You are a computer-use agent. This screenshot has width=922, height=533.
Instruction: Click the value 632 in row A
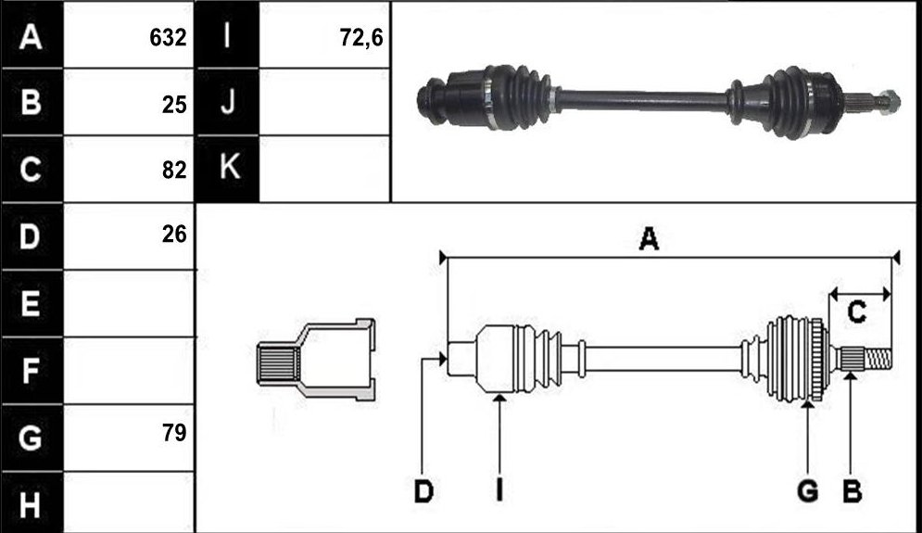pos(168,38)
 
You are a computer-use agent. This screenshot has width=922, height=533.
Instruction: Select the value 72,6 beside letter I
pos(361,38)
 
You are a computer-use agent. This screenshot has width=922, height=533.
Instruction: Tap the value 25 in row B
pos(174,105)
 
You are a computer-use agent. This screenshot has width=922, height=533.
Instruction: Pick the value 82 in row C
pos(174,170)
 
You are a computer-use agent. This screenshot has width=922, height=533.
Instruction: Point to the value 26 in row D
pos(174,235)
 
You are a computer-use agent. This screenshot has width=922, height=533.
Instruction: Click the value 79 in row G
pos(174,433)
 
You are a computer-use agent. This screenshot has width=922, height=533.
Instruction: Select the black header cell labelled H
pos(32,503)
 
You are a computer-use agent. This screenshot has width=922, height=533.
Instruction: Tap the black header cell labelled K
pos(228,169)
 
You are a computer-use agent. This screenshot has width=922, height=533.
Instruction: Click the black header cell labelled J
pos(228,102)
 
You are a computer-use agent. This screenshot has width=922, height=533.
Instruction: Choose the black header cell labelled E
pos(32,303)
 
